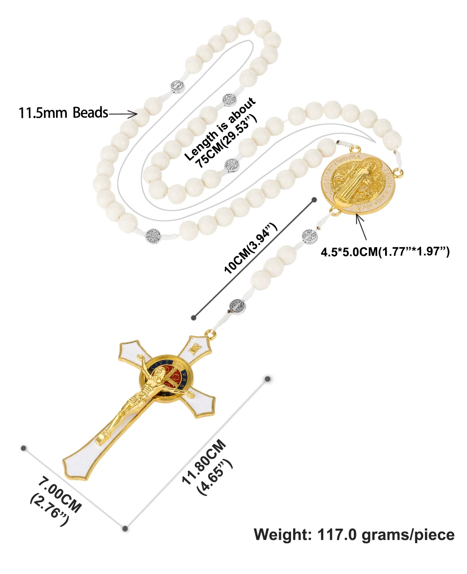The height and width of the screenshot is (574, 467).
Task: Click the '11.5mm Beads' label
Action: (63, 113)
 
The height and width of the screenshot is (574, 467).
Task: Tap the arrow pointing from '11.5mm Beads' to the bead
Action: (123, 114)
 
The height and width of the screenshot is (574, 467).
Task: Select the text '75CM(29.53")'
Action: (226, 141)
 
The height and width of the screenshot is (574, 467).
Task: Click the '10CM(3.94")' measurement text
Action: (250, 248)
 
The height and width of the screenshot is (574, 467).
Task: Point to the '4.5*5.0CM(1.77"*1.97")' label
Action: (385, 251)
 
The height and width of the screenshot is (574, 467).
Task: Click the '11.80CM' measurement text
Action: (204, 462)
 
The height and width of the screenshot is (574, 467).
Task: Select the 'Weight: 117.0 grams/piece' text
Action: (354, 535)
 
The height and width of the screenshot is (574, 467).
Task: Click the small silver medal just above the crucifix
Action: (237, 307)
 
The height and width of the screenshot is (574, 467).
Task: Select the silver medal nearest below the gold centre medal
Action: (310, 236)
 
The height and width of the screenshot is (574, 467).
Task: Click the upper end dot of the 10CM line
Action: (314, 200)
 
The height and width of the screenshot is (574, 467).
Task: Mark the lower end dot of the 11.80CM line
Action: (125, 528)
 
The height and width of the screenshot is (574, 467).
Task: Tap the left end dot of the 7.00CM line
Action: (24, 448)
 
